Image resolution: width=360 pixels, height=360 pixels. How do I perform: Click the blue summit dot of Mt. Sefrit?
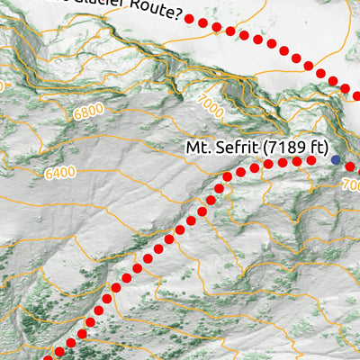pyautogui.click(x=336, y=160)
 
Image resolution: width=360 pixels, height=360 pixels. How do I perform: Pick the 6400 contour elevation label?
pyautogui.click(x=58, y=172)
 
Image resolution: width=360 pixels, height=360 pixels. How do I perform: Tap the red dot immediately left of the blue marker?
pyautogui.click(x=311, y=160)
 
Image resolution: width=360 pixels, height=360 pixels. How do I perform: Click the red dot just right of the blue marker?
pyautogui.click(x=351, y=166)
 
